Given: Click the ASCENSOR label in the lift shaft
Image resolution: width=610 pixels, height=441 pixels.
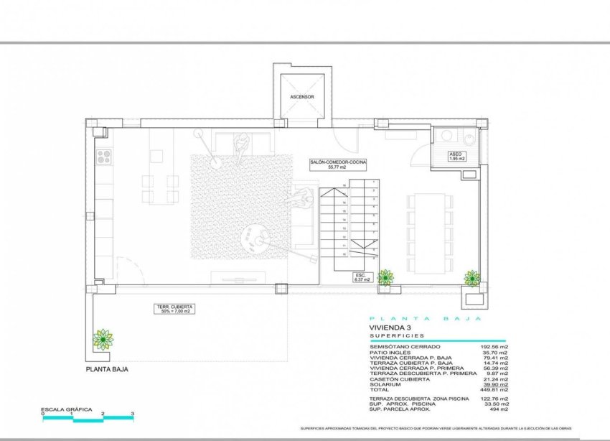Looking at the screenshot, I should (x=302, y=96).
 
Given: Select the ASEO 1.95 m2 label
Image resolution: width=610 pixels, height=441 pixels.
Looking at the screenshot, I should (x=456, y=157).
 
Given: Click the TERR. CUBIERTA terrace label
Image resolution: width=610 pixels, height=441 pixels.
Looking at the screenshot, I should (x=176, y=310).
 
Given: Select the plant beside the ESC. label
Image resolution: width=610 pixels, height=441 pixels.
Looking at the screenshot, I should (x=386, y=277).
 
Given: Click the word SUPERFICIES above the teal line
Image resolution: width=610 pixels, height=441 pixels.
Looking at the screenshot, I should (x=397, y=335).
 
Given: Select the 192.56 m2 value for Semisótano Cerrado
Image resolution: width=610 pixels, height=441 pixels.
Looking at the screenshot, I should (x=494, y=347).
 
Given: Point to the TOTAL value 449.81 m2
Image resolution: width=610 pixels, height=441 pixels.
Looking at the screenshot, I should (x=494, y=389).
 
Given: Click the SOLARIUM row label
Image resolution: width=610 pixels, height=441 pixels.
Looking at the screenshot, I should (x=385, y=384).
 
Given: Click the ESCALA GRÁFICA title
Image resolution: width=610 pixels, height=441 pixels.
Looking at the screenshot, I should (x=66, y=409).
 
